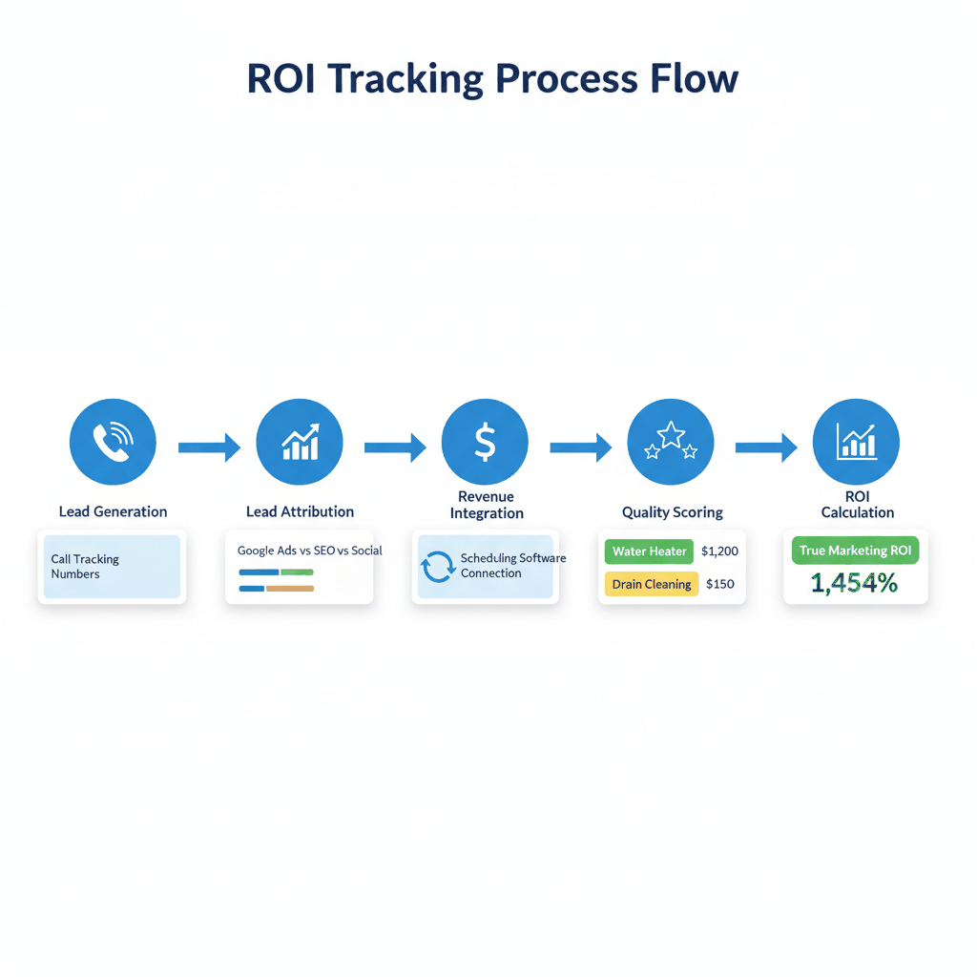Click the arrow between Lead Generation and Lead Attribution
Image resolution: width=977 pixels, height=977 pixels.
pos(209,447)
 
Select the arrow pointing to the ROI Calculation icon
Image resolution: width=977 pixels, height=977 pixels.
pos(765,447)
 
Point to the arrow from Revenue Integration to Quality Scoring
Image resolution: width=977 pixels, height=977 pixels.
pos(580,447)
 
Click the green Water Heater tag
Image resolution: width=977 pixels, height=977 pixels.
pos(649,551)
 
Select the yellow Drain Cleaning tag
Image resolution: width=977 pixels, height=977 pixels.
pos(652,584)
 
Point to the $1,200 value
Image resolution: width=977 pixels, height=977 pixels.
pos(719,551)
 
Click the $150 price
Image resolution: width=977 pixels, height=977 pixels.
pos(719,584)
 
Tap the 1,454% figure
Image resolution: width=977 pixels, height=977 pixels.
pos(854,584)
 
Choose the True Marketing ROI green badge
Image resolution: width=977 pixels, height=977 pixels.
pos(855,551)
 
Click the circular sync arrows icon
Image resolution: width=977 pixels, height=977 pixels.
pos(438,567)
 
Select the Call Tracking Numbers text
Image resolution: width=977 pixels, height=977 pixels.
pos(85,567)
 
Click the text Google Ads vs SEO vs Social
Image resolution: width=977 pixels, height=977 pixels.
pos(309,551)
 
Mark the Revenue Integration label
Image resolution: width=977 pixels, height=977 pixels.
pos(486,505)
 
